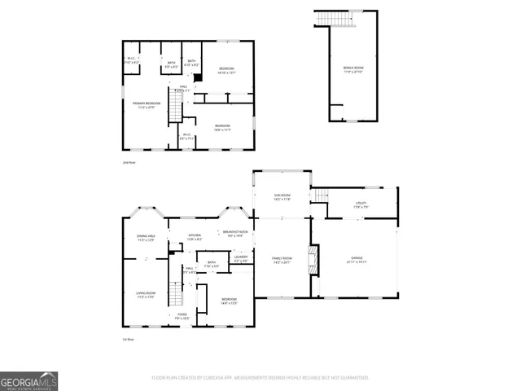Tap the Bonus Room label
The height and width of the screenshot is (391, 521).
coord(352,70)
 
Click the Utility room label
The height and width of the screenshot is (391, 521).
coord(361,204)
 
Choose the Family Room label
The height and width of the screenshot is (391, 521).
coord(281,260)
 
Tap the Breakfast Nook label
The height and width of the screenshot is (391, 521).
coord(236,234)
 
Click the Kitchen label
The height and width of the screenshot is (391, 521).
coord(195,238)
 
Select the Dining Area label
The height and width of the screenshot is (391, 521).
coord(146,238)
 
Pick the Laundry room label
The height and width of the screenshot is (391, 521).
coord(241,259)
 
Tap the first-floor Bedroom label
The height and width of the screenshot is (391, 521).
coord(229,301)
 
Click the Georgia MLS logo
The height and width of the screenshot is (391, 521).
coord(28,380)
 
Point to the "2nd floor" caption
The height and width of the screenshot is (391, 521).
coord(128,163)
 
